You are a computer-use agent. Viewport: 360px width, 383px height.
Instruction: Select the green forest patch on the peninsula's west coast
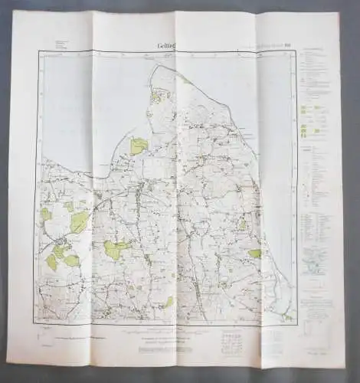[139, 146]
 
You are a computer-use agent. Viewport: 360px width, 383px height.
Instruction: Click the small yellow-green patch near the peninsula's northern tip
[185, 80]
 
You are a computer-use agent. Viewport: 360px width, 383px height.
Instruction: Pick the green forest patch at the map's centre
[116, 249]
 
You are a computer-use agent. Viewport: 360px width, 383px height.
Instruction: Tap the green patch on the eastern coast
[254, 253]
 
